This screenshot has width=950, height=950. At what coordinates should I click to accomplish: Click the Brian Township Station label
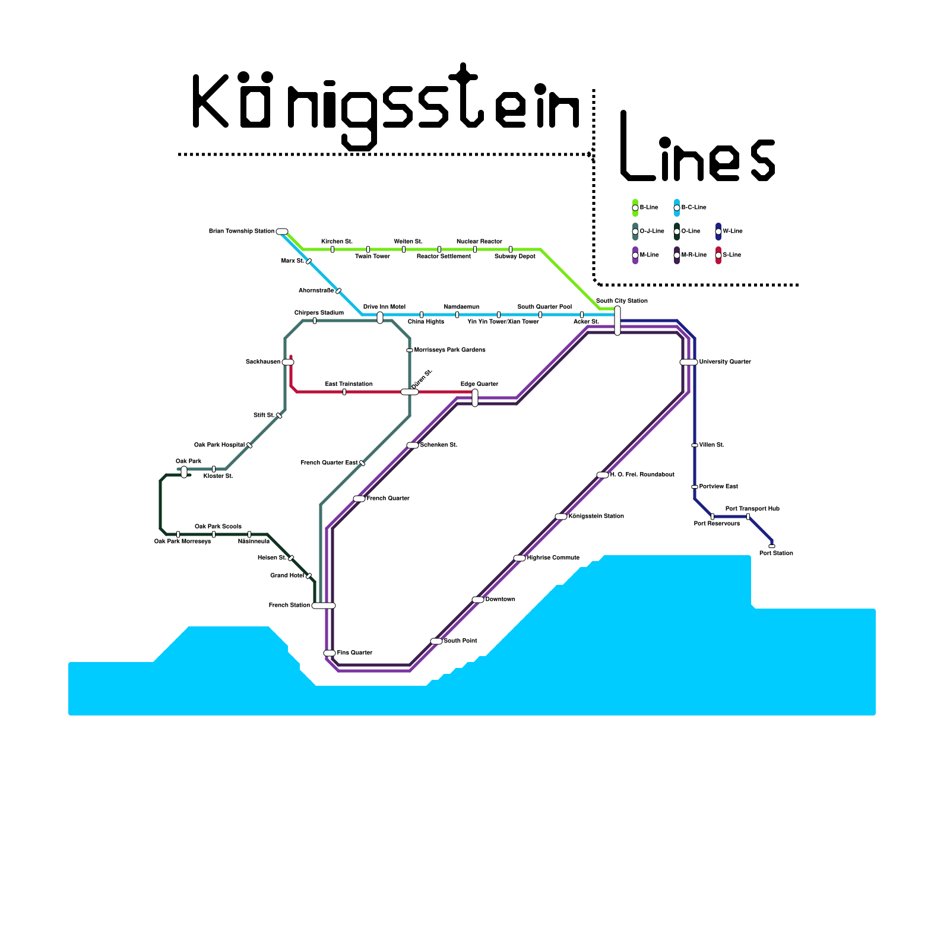[242, 232]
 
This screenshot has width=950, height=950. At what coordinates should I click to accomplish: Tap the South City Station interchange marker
[617, 321]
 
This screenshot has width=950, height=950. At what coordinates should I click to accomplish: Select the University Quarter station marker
[688, 362]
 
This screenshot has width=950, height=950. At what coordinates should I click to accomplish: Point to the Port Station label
[776, 553]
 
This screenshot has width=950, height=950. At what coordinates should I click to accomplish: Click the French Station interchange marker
[324, 606]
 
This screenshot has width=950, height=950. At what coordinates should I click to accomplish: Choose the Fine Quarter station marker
[330, 653]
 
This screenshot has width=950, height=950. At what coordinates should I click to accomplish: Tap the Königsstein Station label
[596, 517]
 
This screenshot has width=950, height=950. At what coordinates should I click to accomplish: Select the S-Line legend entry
[731, 255]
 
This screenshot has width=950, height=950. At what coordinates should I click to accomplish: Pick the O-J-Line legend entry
[651, 232]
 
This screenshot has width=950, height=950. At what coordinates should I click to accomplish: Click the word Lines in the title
[698, 148]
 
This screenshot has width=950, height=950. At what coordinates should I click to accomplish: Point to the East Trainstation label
[349, 384]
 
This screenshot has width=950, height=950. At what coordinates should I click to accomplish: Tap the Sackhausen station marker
[288, 362]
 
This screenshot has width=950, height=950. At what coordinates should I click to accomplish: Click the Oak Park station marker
[184, 472]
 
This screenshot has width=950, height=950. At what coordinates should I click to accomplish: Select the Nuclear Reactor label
[479, 242]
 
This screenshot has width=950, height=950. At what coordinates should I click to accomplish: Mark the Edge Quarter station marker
[475, 398]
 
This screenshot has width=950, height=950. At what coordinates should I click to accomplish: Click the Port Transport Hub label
[752, 509]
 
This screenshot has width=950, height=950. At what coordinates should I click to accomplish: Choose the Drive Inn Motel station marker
[380, 318]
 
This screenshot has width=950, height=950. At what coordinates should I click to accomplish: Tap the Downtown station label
[500, 600]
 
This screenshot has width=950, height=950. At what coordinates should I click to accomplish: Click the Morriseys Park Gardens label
[449, 350]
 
